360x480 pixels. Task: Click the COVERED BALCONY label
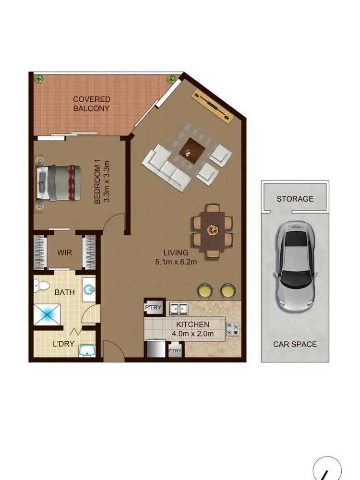91,104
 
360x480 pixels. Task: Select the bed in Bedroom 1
56,183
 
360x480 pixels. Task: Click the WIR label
64,252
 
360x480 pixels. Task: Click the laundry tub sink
86,350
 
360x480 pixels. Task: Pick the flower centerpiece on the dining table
212,230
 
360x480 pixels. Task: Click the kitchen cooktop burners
233,329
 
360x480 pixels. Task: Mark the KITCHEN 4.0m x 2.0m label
192,329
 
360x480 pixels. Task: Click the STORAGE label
295,199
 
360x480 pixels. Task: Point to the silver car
294,265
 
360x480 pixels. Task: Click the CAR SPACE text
295,344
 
